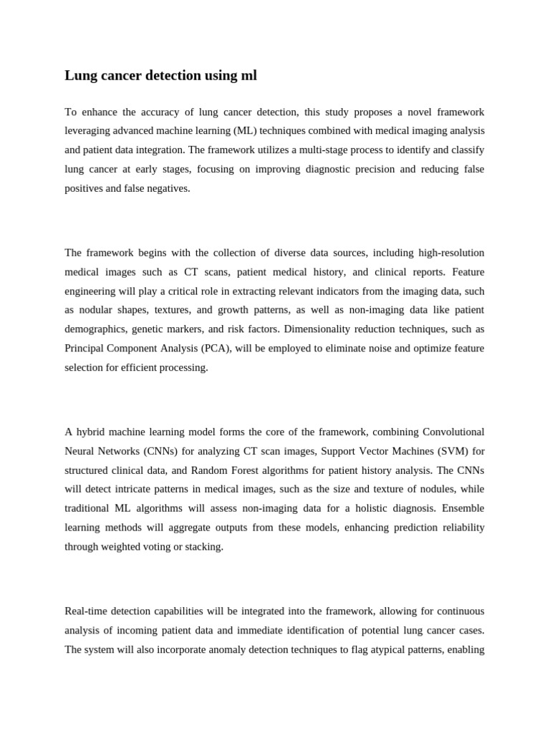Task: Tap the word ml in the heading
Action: click(249, 75)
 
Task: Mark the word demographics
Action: click(95, 329)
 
